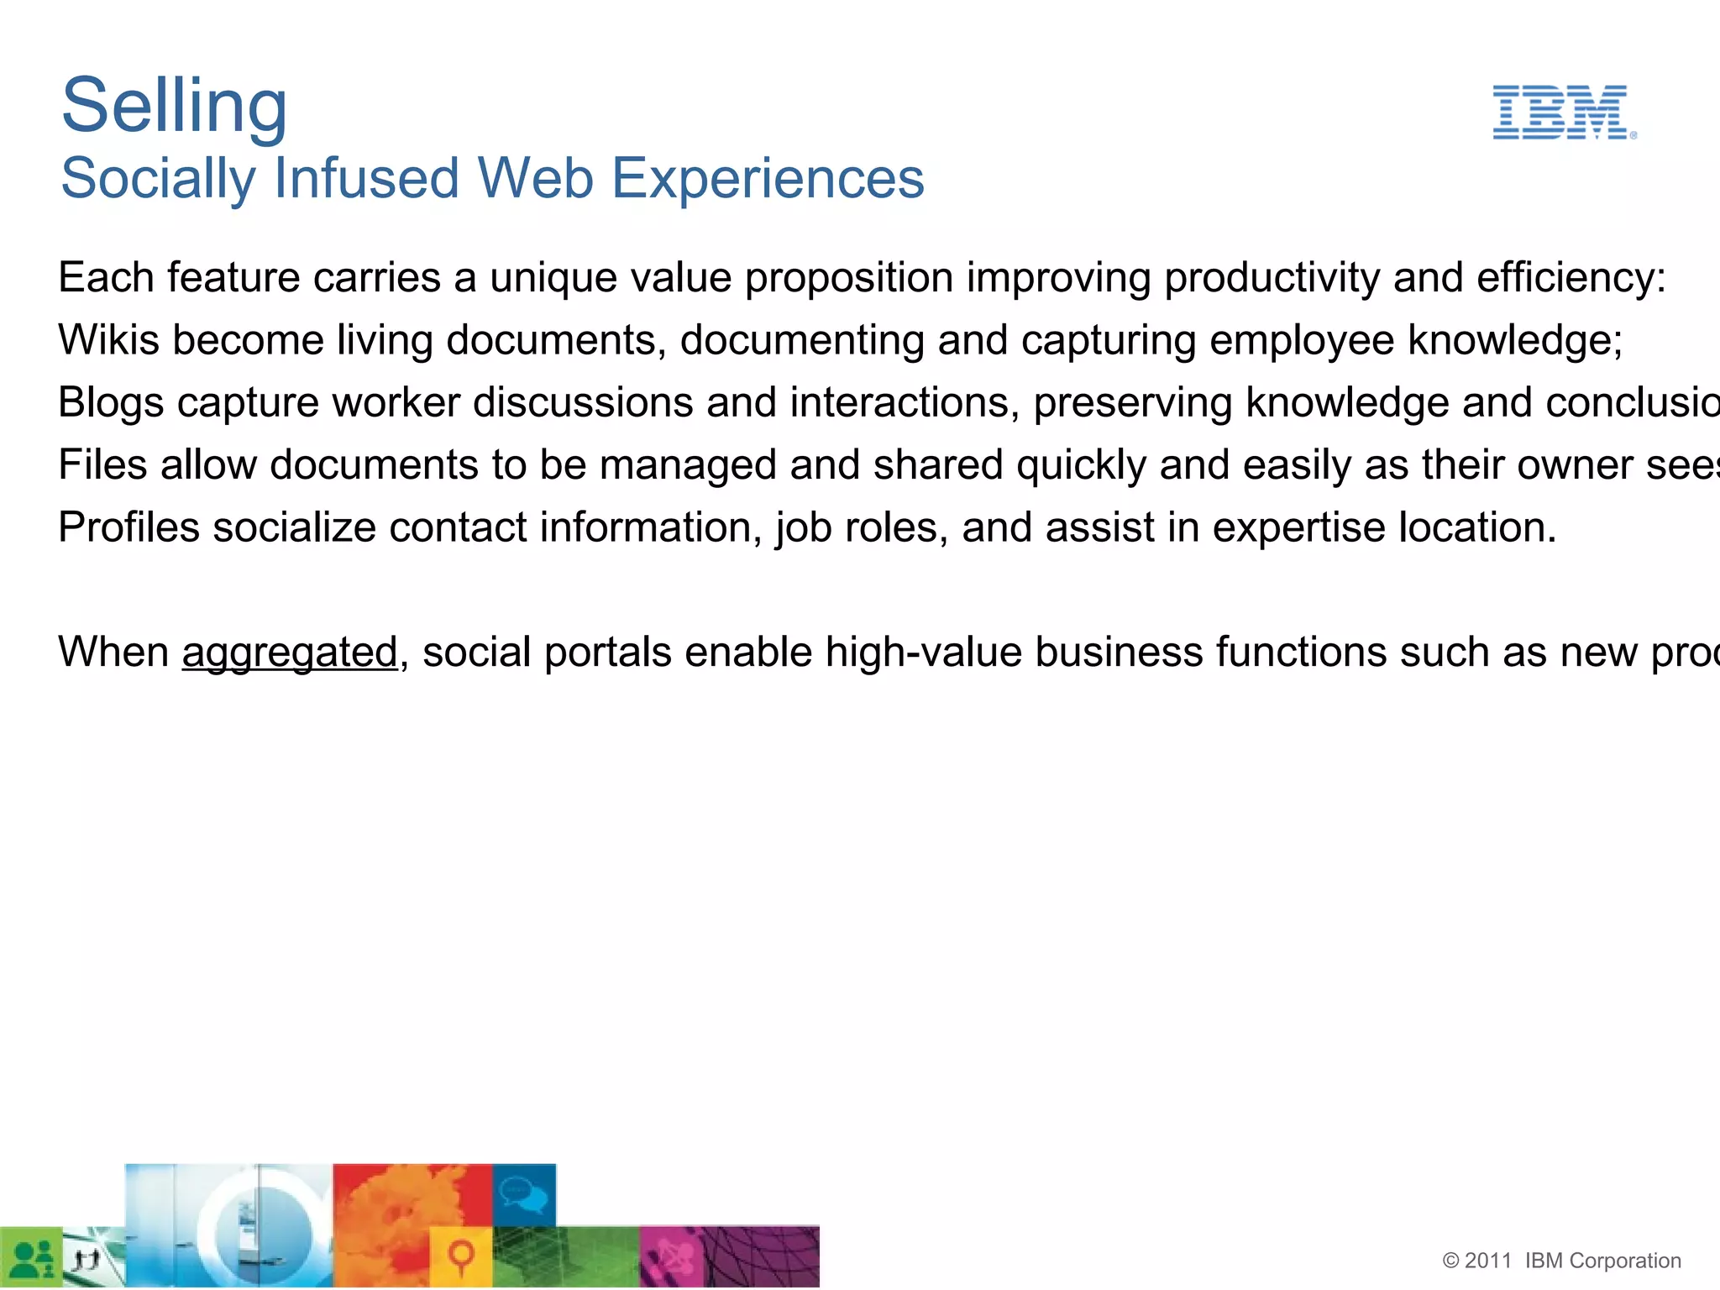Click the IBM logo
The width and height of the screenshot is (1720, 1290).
[x=1563, y=112]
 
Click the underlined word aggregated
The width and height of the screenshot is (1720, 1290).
[x=290, y=653]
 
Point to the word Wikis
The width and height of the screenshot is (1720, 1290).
[x=108, y=340]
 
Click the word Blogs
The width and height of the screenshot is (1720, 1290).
[x=111, y=402]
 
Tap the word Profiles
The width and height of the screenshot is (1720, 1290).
[x=128, y=527]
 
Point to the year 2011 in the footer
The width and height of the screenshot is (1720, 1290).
[x=1488, y=1261]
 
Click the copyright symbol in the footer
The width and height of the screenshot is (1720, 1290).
[x=1451, y=1261]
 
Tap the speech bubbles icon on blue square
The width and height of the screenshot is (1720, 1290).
[x=523, y=1193]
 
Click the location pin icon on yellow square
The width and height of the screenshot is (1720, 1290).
[x=460, y=1256]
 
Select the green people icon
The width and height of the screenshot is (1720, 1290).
[x=32, y=1257]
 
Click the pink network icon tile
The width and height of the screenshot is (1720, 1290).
[x=671, y=1257]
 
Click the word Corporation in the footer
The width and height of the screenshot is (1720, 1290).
[x=1624, y=1261]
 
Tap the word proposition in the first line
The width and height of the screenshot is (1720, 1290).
[x=849, y=278]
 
